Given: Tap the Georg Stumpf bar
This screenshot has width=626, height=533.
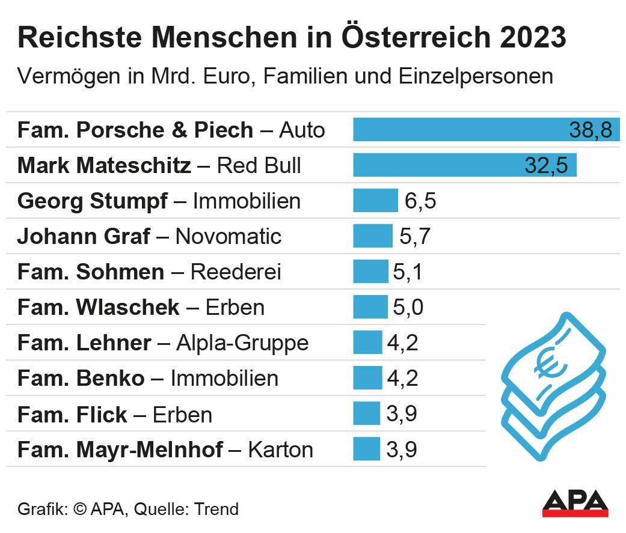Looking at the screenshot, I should point(375,201).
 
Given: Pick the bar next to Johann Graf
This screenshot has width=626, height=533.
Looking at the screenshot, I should point(372,236).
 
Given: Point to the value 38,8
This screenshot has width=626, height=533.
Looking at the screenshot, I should point(590,130).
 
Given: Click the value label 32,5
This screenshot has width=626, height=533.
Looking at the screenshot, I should point(546,165).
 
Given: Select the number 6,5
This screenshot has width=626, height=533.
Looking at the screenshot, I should point(420,201).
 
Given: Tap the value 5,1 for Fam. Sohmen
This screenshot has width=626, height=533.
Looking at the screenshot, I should point(408,272).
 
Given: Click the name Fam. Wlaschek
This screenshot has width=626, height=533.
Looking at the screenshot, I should point(99,307).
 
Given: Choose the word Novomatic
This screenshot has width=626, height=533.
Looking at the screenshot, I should point(229,236).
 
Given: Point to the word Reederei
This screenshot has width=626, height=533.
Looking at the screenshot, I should point(236,272).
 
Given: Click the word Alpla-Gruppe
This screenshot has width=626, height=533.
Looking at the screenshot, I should point(242,343).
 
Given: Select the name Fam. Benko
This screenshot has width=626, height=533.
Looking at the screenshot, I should point(81,378).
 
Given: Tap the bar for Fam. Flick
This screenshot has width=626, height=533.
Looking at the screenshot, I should point(367,413).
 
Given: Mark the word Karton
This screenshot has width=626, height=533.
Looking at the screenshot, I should point(281,449).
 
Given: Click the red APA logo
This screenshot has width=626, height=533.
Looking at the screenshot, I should point(575,504).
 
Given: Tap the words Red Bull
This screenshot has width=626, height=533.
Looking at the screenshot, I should point(259,165).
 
